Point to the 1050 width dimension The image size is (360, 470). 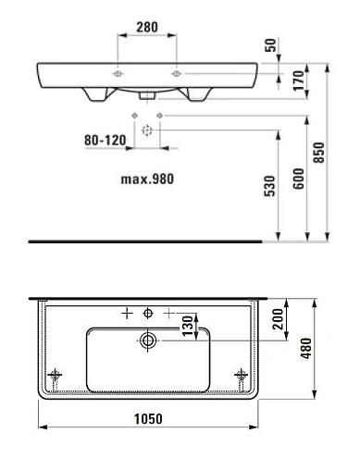pos(148,418)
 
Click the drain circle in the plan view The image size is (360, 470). pos(147,342)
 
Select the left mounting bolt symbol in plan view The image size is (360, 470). pos(57,375)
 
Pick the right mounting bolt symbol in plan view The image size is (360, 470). pos(242,375)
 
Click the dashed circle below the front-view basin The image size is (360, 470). pos(146,131)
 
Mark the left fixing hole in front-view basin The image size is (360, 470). pos(118,73)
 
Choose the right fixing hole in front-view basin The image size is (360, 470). pos(174,73)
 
